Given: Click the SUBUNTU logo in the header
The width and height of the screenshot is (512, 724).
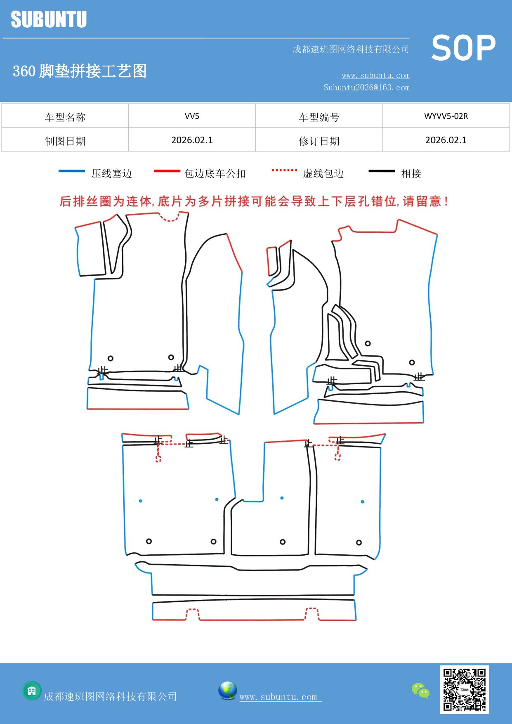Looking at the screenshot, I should [49, 19].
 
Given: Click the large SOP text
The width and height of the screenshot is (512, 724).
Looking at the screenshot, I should [463, 48].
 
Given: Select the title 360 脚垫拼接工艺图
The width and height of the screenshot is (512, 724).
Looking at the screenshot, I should [80, 71].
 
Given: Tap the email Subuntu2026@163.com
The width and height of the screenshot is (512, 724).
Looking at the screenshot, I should [366, 88].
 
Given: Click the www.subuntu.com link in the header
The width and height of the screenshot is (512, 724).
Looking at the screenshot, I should [375, 75].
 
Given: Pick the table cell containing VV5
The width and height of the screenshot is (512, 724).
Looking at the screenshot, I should [192, 116].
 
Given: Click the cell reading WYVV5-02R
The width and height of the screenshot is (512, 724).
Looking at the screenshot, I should [446, 116].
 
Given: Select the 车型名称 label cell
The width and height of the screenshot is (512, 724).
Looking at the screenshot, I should [65, 117].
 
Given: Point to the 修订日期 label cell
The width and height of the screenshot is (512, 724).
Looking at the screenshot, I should [319, 141].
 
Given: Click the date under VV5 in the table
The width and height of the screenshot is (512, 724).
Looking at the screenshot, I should [192, 140].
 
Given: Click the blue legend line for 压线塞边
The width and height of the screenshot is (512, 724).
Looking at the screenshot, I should [72, 171].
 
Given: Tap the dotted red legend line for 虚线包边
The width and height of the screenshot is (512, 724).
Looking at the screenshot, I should [284, 170].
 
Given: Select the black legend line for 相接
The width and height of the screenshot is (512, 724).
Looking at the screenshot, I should [382, 171].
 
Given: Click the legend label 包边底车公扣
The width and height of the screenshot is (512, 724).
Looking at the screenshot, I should [215, 173].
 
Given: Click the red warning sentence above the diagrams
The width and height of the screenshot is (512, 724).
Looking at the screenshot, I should [254, 201].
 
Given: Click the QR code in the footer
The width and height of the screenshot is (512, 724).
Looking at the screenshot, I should [464, 689].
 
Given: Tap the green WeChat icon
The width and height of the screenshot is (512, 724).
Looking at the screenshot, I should [420, 690].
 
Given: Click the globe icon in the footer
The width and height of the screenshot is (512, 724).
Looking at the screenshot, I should [227, 691].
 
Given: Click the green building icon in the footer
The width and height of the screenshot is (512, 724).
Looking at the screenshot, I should [32, 691].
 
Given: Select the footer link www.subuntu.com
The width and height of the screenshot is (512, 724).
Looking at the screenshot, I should [278, 697].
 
